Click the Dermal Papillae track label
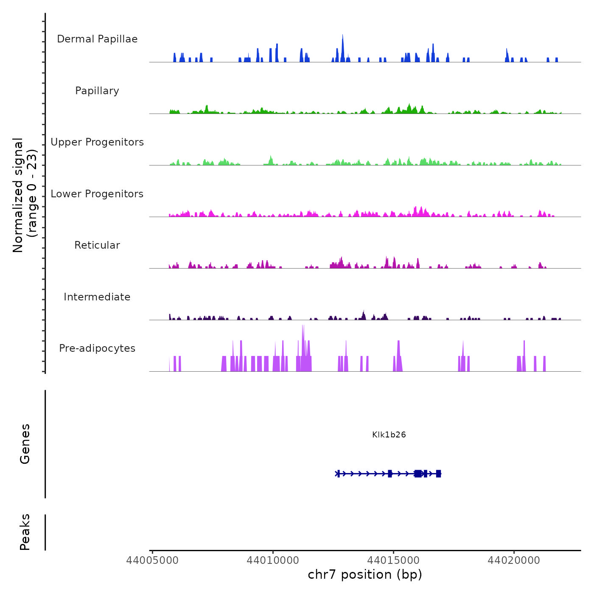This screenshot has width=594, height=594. point(97,39)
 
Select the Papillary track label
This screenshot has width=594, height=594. point(97,91)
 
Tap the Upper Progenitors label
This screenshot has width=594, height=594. point(97,142)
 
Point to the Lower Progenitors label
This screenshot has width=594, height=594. point(97,194)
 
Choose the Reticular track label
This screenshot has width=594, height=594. point(97,245)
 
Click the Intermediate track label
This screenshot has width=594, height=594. point(97,297)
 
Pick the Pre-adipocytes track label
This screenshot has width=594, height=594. point(97,348)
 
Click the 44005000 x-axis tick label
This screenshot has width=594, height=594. point(152,560)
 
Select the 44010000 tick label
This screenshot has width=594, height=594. point(273,560)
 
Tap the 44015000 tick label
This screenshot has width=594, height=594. point(393,560)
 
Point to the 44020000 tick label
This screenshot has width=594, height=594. point(514,560)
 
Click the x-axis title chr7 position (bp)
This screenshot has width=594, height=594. point(365,574)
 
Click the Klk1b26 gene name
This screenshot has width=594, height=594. point(389,435)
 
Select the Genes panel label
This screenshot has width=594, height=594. point(25,444)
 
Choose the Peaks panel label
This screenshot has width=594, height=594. point(25,532)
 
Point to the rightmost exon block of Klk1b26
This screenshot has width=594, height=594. point(438,474)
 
